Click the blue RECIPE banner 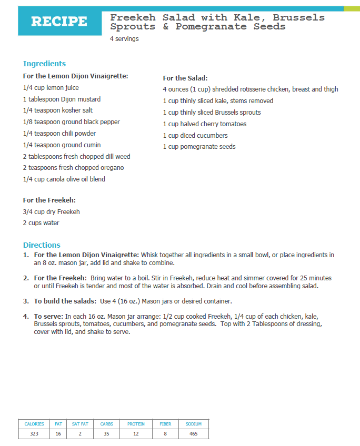coord(59,22)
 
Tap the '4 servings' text coord(124,39)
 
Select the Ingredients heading coord(44,64)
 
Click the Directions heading coord(42,245)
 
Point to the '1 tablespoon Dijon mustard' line coord(62,99)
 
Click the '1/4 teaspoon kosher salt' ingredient coord(58,110)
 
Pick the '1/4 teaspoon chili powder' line coord(59,134)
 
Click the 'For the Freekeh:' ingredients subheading coord(49,200)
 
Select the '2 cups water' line coord(41,223)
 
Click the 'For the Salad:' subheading coord(185,78)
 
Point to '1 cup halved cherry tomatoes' coord(204,124)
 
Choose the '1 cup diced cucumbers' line coord(195,135)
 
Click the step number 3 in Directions coord(26,301)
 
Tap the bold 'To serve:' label coord(48,316)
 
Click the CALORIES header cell coord(34,424)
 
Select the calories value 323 coord(34,434)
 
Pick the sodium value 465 coord(194,434)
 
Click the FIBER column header coord(165,424)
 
